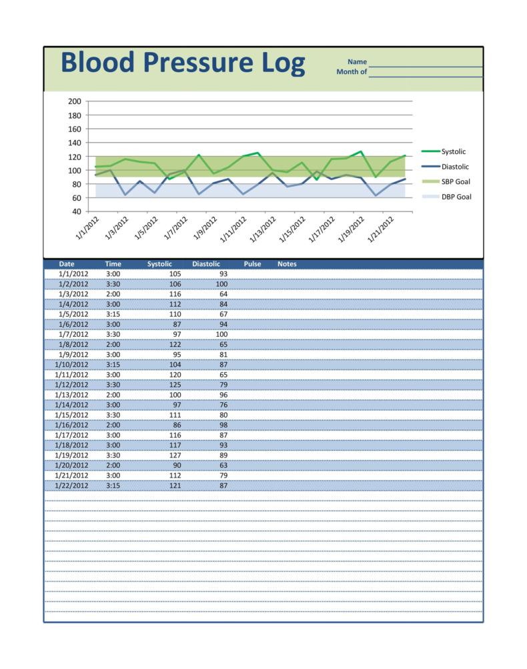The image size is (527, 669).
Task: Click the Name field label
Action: point(357,62)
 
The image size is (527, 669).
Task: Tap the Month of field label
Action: point(352,71)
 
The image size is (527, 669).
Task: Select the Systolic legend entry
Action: point(453,151)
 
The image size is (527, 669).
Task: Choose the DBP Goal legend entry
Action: point(456,197)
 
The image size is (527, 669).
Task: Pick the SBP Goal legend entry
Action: point(456,181)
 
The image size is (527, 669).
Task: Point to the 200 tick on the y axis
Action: point(74,101)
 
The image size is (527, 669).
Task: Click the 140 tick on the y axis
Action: point(74,143)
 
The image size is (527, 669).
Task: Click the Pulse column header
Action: point(252,264)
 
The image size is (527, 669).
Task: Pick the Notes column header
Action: point(287,264)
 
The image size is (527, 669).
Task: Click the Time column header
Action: point(113,264)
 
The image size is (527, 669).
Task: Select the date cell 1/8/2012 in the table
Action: point(73,345)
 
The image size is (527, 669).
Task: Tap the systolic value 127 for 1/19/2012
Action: point(175,456)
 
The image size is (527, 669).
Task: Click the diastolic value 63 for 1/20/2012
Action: point(222,466)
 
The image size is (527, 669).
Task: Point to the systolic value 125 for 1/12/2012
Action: point(175,385)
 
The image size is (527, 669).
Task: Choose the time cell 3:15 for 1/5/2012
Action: point(113,314)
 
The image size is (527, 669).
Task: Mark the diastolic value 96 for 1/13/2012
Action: point(222,395)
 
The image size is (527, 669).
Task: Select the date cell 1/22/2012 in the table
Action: point(73,486)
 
